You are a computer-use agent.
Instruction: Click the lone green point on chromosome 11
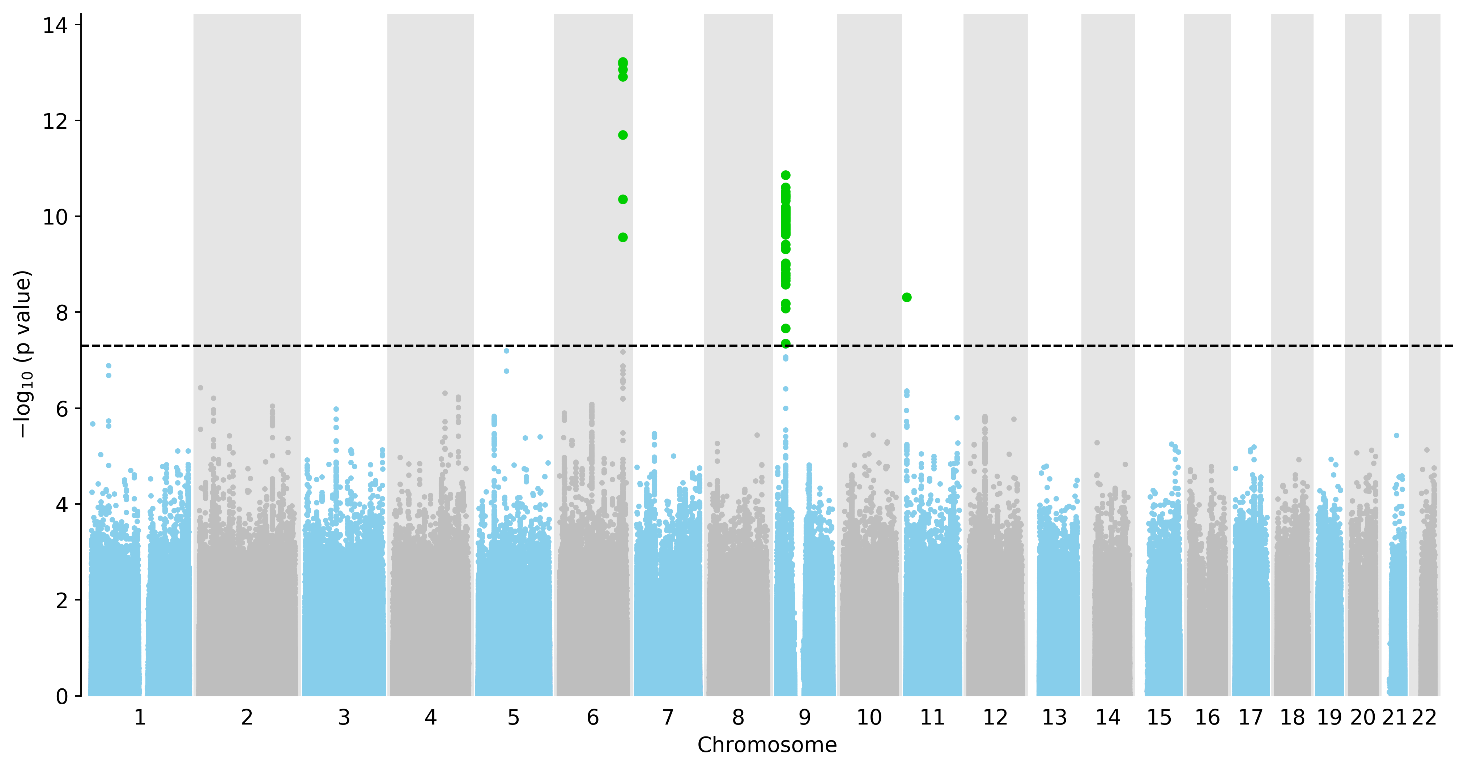tap(907, 297)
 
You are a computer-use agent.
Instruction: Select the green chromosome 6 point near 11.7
tap(623, 135)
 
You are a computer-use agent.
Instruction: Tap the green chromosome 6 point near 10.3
tap(623, 199)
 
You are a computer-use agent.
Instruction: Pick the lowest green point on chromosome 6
tap(623, 238)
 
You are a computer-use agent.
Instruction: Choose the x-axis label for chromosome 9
tap(805, 718)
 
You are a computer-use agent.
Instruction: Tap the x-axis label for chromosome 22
tap(1424, 718)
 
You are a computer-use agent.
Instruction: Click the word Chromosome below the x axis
tap(767, 745)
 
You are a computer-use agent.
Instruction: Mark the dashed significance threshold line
tap(767, 345)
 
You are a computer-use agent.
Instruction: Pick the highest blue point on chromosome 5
tap(506, 351)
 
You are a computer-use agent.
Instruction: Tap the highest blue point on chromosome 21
tap(1396, 435)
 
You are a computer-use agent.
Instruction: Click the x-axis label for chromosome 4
tap(431, 718)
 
